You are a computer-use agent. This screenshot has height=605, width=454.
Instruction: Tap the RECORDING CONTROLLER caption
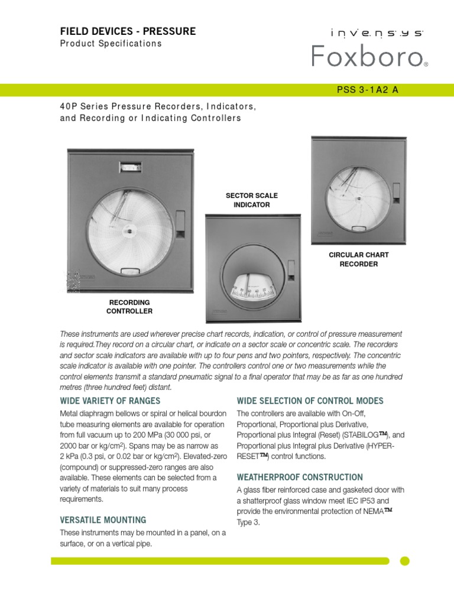[x=129, y=306]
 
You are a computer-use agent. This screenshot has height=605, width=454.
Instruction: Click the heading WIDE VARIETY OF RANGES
[x=110, y=401]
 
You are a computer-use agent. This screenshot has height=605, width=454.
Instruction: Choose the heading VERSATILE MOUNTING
[x=103, y=520]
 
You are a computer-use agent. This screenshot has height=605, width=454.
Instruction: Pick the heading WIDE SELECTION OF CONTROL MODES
[x=310, y=401]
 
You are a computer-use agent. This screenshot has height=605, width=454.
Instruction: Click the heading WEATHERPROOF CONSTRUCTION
[x=300, y=477]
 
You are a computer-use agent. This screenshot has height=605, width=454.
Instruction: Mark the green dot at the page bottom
[x=405, y=561]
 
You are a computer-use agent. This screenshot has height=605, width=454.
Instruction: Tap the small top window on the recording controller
[x=129, y=168]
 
